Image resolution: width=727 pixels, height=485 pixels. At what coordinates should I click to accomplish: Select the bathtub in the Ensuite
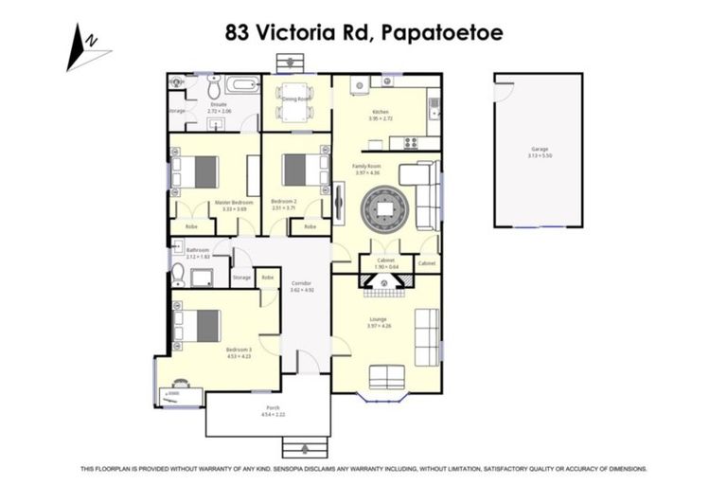(243, 85)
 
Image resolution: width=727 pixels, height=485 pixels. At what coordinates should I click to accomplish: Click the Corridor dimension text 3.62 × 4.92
(302, 290)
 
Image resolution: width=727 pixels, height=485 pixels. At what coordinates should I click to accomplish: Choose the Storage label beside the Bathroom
(241, 278)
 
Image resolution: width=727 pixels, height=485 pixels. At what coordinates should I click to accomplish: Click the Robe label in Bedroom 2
(309, 227)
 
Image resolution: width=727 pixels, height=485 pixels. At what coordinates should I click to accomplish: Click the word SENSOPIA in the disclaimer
(285, 468)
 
